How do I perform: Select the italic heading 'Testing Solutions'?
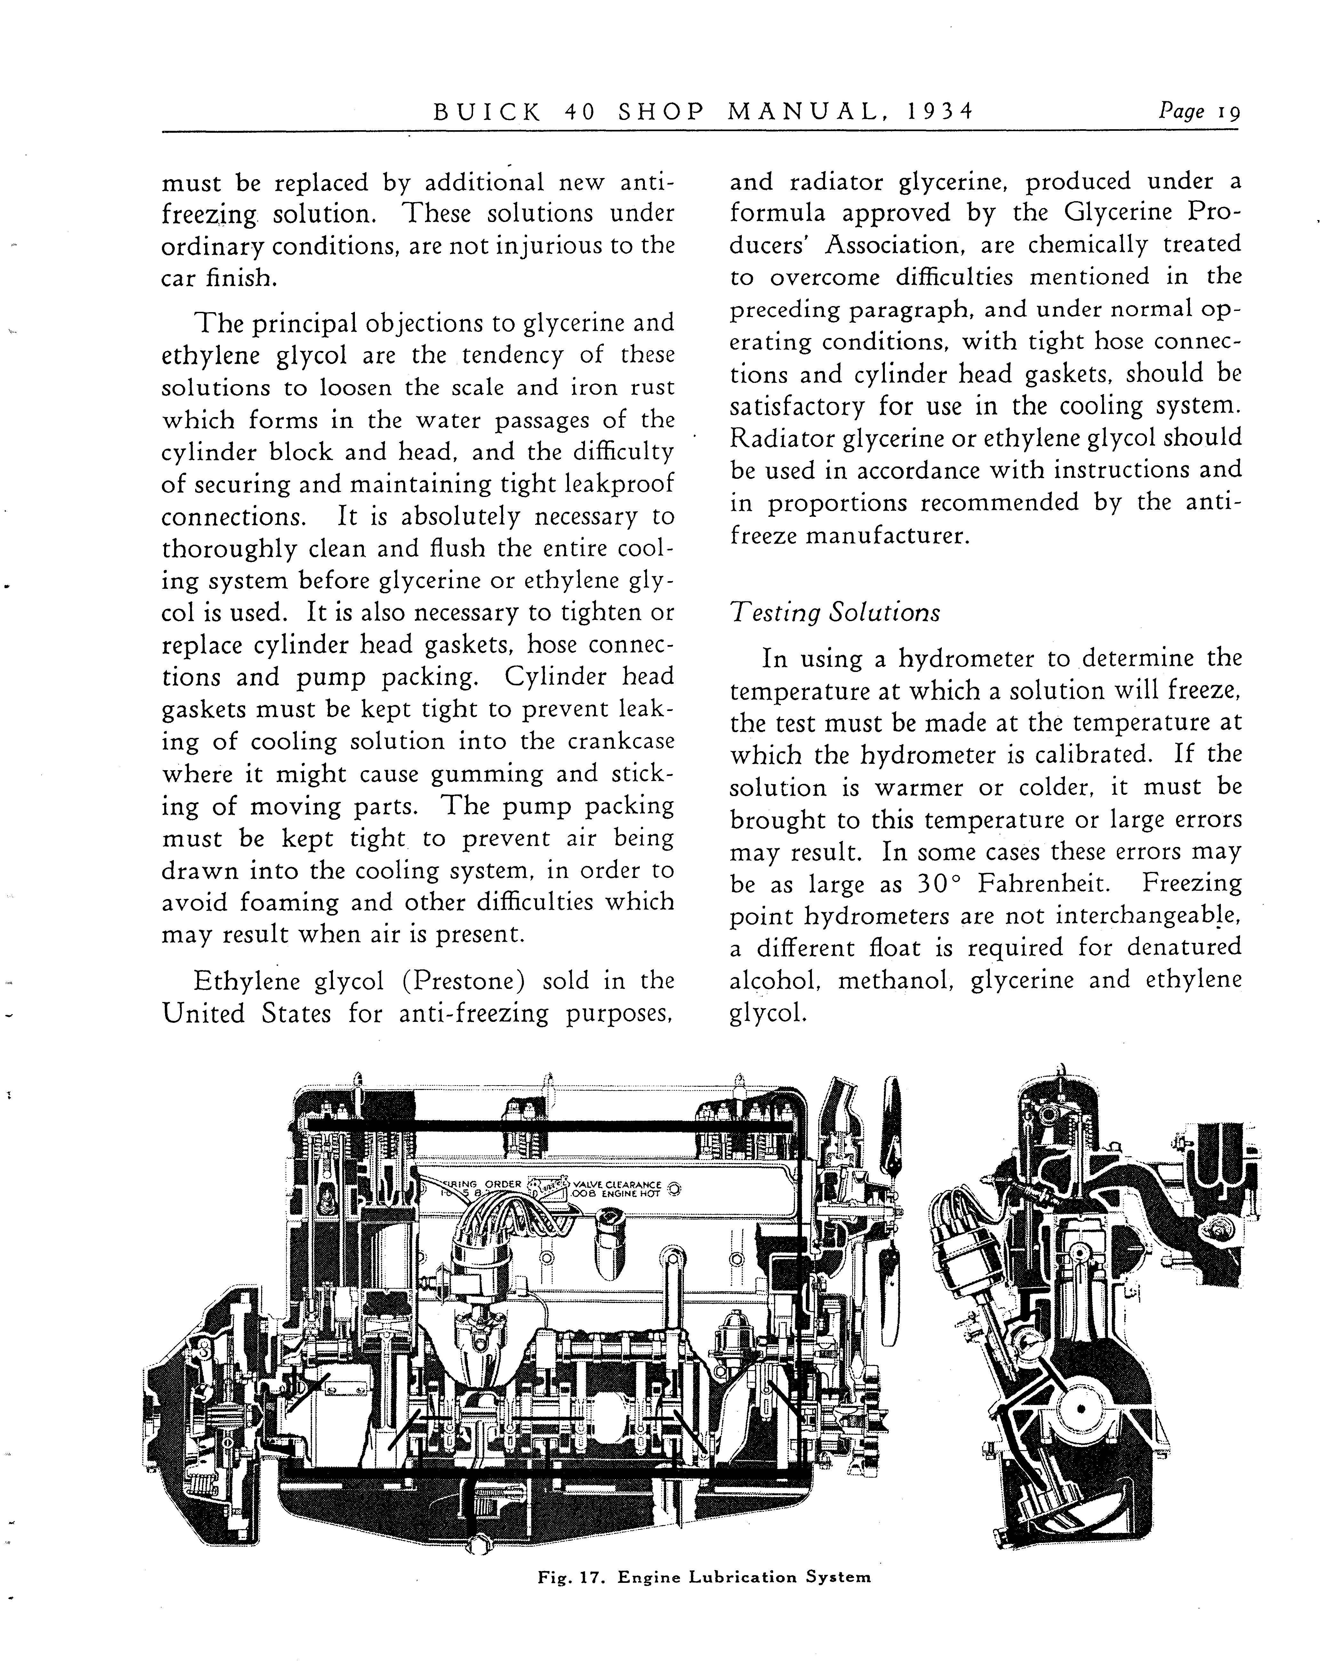(835, 613)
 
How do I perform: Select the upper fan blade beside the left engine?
(893, 1117)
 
